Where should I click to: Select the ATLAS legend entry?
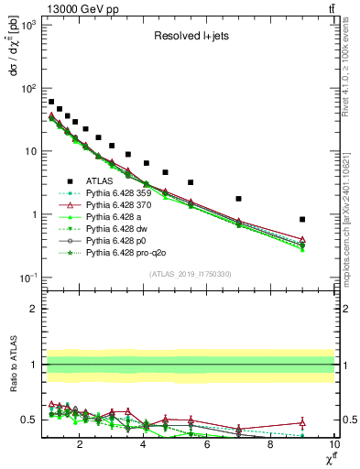pyautogui.click(x=101, y=180)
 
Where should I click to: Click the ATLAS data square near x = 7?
pyautogui.click(x=239, y=199)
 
